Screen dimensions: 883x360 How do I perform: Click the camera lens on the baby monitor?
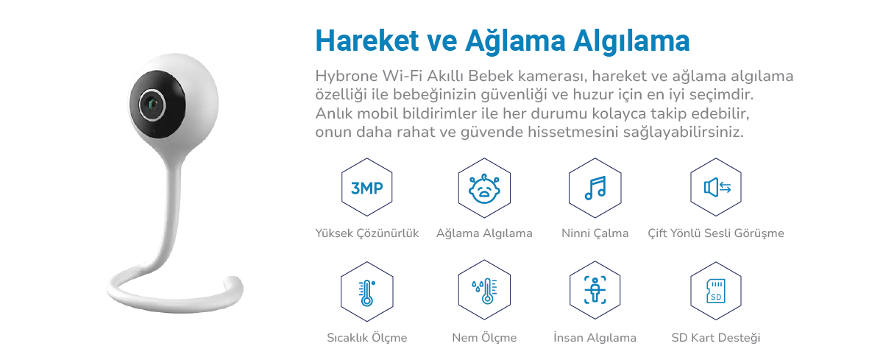tap(152, 105)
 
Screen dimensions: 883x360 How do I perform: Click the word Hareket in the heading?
tap(367, 40)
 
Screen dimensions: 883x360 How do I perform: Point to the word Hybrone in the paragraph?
tap(347, 77)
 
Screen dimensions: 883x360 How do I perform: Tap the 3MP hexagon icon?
tap(366, 187)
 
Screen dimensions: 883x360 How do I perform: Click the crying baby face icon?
tap(484, 188)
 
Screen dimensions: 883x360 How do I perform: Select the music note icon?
tap(595, 188)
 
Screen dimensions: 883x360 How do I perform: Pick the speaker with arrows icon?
tap(717, 187)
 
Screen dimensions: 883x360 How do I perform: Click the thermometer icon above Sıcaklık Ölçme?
tap(366, 293)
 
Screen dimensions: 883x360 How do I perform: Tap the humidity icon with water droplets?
tap(484, 291)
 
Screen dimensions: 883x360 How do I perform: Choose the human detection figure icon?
tap(595, 290)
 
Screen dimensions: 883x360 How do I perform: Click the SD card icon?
tap(716, 291)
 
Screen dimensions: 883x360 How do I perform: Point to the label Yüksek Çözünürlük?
tap(367, 233)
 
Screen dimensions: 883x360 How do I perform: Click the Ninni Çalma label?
tap(595, 233)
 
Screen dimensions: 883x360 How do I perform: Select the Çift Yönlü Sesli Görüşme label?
tap(716, 233)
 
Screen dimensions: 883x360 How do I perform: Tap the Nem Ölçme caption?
tap(484, 337)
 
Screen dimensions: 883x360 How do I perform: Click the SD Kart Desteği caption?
tap(716, 337)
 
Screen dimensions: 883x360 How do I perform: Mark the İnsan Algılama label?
tap(595, 337)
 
